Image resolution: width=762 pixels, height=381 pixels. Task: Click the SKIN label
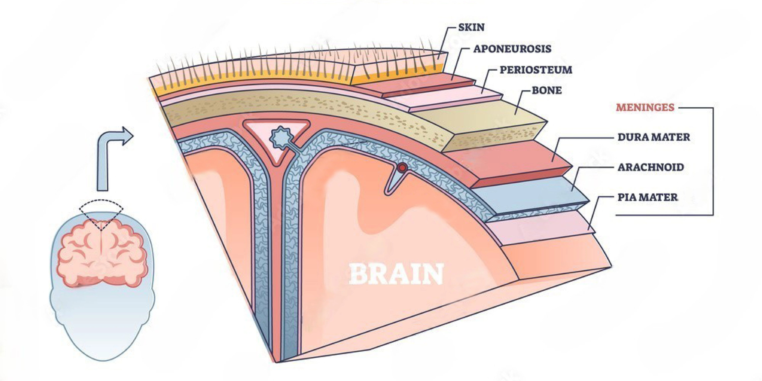[471, 28]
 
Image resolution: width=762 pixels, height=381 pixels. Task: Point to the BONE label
[547, 90]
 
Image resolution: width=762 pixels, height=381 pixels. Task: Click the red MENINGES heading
[645, 107]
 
